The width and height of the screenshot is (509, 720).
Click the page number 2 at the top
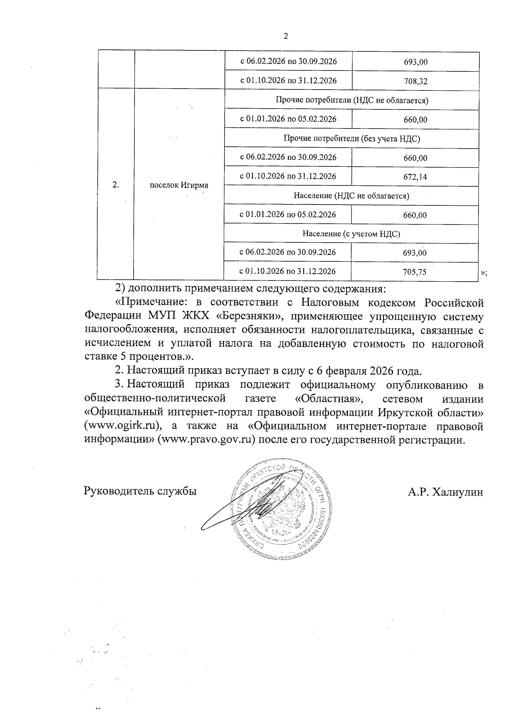[x=285, y=36]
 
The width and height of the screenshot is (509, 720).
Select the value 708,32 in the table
[x=416, y=81]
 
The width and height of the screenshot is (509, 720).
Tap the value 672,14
[x=415, y=177]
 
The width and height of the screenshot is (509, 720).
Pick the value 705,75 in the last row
[x=415, y=272]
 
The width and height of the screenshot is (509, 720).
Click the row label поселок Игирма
[x=179, y=185]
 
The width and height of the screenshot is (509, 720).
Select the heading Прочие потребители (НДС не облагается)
[x=352, y=101]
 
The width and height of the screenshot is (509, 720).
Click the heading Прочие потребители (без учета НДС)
[x=351, y=139]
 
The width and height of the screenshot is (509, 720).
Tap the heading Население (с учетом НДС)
[x=351, y=234]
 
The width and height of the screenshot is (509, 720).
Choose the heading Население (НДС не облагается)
[x=351, y=196]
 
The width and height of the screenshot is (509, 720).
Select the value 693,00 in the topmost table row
[x=416, y=62]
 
